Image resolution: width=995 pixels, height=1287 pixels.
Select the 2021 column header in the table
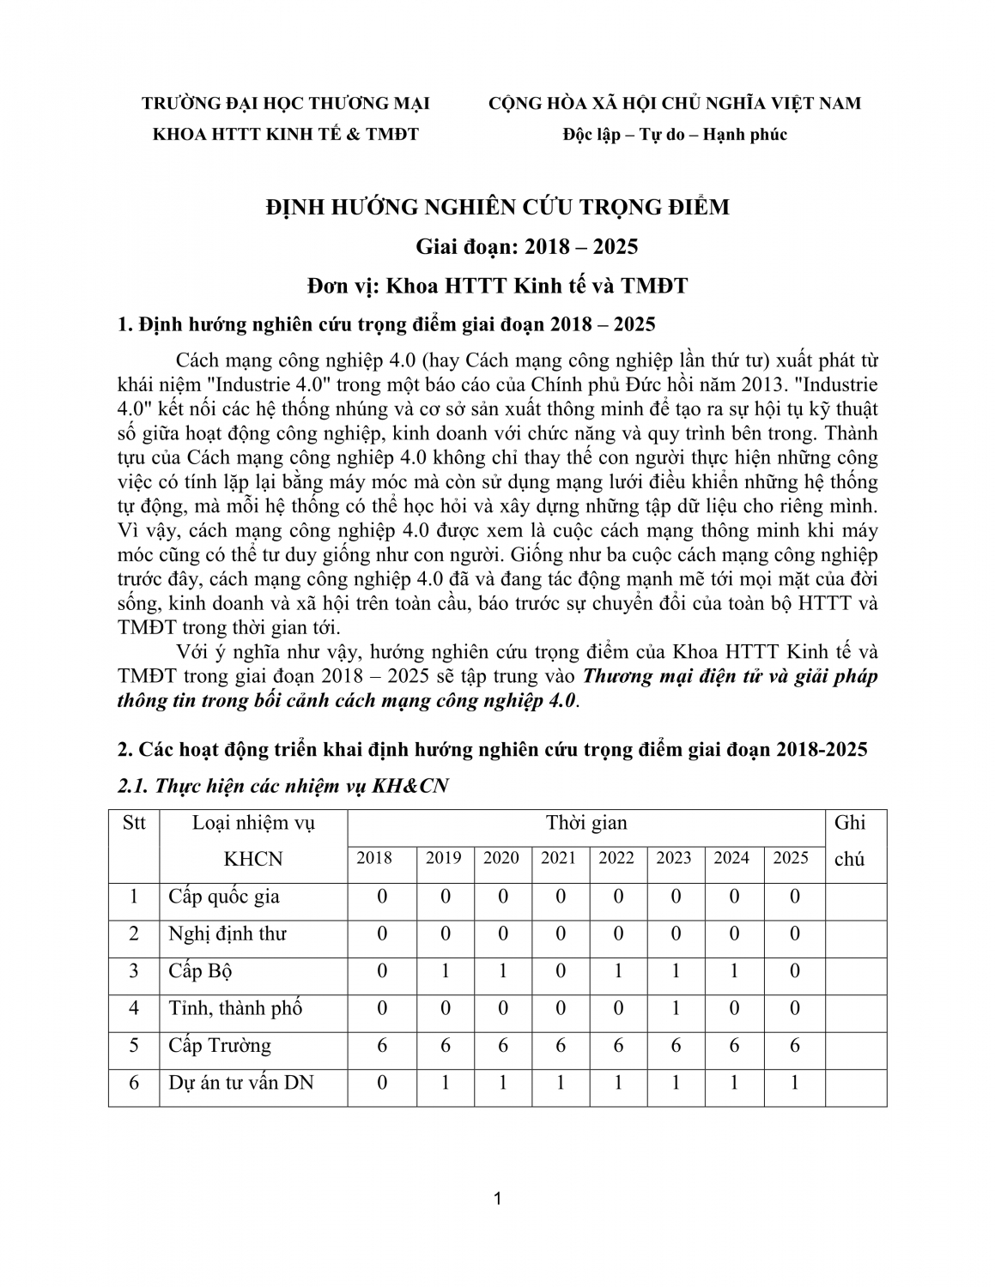point(559,858)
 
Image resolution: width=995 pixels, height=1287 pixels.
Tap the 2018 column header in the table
point(374,858)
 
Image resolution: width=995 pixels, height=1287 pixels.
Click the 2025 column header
point(791,858)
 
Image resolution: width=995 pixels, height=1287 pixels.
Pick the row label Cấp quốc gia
point(224,897)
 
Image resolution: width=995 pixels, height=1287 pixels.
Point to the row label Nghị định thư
point(228,934)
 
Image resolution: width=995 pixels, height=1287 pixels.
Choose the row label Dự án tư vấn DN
point(241,1083)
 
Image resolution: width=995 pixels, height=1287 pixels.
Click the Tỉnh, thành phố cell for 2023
point(675,1008)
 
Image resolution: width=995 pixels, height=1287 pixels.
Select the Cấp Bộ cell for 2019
point(445,971)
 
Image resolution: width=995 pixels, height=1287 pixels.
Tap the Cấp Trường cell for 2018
point(382,1045)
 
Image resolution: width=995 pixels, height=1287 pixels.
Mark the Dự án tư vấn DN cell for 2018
point(382,1083)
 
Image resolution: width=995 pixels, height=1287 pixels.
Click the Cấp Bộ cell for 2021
point(560,971)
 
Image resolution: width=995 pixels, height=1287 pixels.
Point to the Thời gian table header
point(586,824)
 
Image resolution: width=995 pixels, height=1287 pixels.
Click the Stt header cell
point(134,824)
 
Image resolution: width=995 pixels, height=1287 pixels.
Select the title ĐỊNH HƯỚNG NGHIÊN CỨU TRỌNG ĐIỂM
point(498,208)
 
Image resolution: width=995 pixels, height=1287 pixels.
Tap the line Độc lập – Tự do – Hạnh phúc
point(674,135)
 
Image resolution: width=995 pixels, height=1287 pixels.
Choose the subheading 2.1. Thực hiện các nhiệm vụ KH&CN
point(282,786)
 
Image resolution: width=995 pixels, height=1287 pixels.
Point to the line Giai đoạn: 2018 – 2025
point(527,247)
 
